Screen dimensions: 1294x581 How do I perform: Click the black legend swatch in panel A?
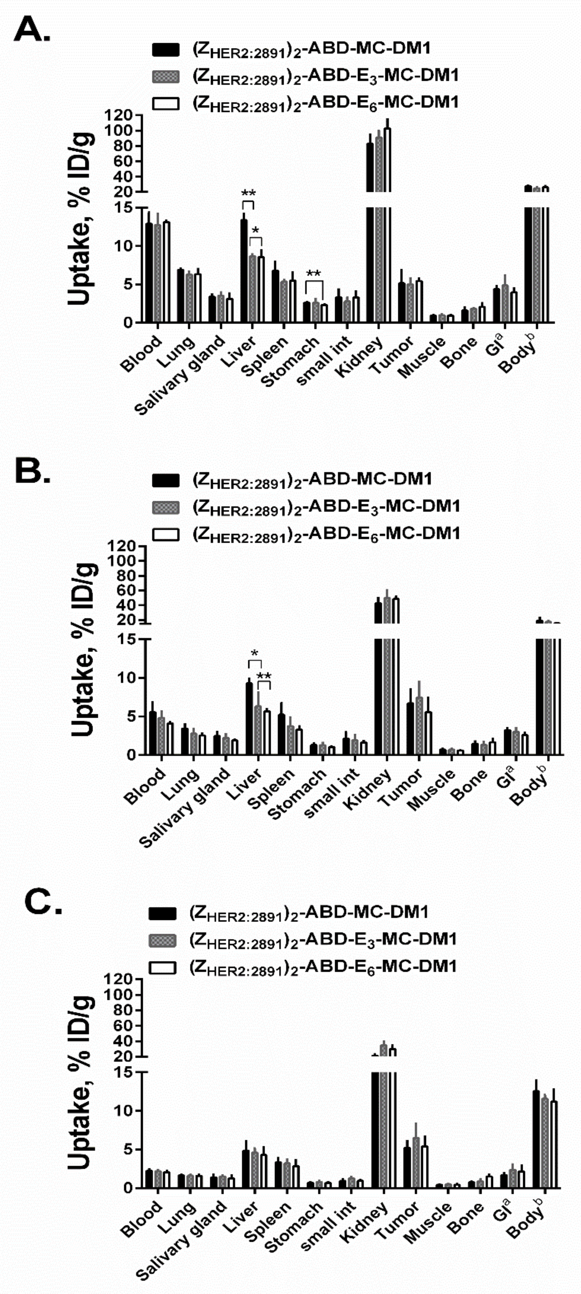[165, 49]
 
